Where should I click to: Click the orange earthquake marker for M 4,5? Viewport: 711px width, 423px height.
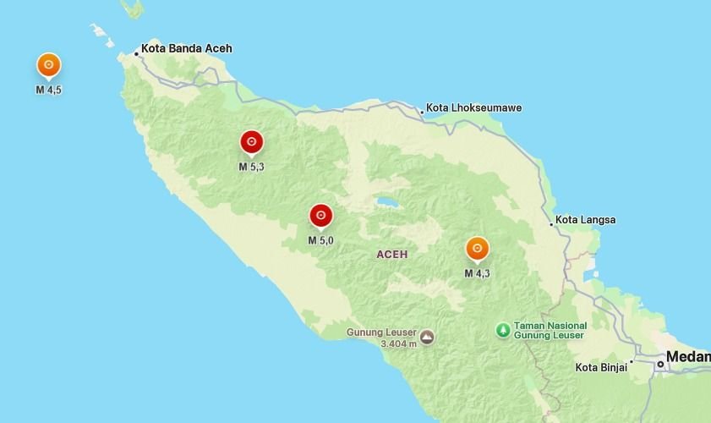pyautogui.click(x=49, y=65)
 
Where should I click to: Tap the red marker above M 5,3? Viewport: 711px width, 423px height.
pyautogui.click(x=251, y=142)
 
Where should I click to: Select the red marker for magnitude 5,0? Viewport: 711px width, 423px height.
pyautogui.click(x=320, y=217)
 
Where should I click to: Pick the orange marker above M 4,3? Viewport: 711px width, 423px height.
pyautogui.click(x=477, y=249)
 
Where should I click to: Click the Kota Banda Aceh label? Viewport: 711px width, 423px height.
pyautogui.click(x=186, y=48)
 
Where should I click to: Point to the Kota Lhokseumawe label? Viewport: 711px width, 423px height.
pyautogui.click(x=473, y=108)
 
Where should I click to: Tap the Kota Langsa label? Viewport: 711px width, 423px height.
pyautogui.click(x=586, y=220)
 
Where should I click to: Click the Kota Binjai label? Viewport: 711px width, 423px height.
pyautogui.click(x=600, y=367)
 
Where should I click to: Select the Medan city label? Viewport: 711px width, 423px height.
pyautogui.click(x=688, y=357)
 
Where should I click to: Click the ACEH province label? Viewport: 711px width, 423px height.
pyautogui.click(x=392, y=255)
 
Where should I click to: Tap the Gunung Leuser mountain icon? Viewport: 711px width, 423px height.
pyautogui.click(x=428, y=337)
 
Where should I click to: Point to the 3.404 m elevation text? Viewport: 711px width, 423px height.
pyautogui.click(x=399, y=343)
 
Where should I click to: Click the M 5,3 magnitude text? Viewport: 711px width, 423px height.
pyautogui.click(x=251, y=167)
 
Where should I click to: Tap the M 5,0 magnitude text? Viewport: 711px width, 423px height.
pyautogui.click(x=320, y=241)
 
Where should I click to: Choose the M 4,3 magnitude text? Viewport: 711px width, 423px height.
pyautogui.click(x=477, y=273)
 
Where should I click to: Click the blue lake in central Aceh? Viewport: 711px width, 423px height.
pyautogui.click(x=387, y=203)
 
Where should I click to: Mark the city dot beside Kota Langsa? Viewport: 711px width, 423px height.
pyautogui.click(x=551, y=224)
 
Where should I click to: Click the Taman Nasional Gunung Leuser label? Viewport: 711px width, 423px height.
pyautogui.click(x=551, y=330)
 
